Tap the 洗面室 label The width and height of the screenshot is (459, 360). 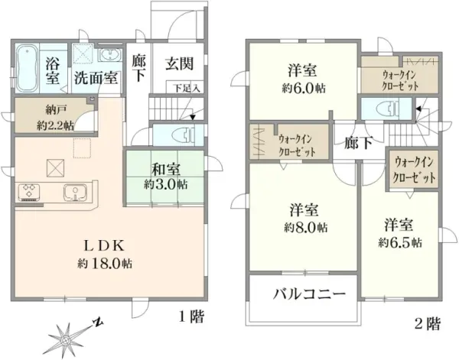pyautogui.click(x=96, y=78)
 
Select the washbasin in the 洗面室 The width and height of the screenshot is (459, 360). pyautogui.click(x=109, y=55)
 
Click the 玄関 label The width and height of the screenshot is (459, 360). pyautogui.click(x=179, y=63)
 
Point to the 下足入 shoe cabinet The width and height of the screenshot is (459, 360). pyautogui.click(x=186, y=88)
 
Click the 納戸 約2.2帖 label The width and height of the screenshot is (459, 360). pyautogui.click(x=56, y=118)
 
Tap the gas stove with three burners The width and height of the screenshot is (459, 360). pyautogui.click(x=29, y=192)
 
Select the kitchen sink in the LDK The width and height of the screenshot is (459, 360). pyautogui.click(x=75, y=193)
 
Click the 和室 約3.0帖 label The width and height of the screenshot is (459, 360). pyautogui.click(x=166, y=177)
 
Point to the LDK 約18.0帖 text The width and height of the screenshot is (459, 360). pyautogui.click(x=105, y=255)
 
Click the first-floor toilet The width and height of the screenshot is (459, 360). pyautogui.click(x=184, y=135)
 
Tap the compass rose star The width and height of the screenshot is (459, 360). pyautogui.click(x=67, y=339)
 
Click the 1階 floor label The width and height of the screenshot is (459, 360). pyautogui.click(x=190, y=316)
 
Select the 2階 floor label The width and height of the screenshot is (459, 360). pyautogui.click(x=428, y=323)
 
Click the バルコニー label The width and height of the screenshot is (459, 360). pyautogui.click(x=309, y=294)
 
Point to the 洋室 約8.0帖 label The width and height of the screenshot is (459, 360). pyautogui.click(x=305, y=218)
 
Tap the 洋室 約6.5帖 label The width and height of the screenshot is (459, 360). pyautogui.click(x=400, y=233)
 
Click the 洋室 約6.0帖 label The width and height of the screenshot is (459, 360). pyautogui.click(x=303, y=79)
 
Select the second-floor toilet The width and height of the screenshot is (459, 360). pyautogui.click(x=387, y=109)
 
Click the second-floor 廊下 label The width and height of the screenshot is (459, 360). pyautogui.click(x=358, y=143)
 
